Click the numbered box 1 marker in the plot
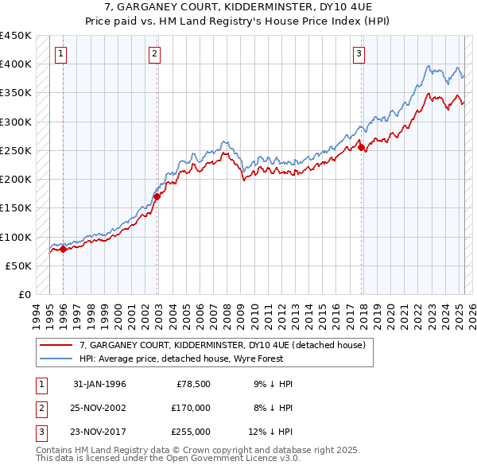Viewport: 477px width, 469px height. [61, 54]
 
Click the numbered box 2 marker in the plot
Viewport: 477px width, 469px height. [154, 54]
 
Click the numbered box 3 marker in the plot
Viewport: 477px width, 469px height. [359, 54]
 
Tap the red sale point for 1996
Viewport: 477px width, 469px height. [63, 250]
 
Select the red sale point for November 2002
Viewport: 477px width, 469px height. [157, 196]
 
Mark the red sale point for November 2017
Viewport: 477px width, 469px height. [362, 147]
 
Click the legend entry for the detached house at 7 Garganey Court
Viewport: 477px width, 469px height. [222, 346]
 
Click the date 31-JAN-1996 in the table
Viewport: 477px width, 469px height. [99, 384]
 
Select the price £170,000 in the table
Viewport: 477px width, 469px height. [191, 408]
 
